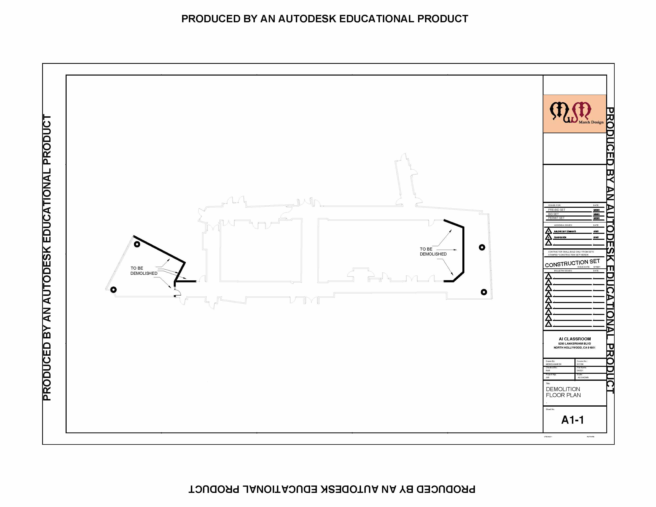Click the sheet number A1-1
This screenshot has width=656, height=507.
[x=573, y=420]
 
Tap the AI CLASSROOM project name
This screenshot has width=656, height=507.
[x=575, y=339]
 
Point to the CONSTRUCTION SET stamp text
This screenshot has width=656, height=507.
[x=572, y=263]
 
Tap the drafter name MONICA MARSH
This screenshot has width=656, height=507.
[x=554, y=364]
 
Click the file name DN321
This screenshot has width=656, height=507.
[x=580, y=371]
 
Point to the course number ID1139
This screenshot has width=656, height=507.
[x=580, y=364]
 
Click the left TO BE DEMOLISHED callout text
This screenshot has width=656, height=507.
[x=144, y=271]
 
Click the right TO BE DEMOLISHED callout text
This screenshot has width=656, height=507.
[x=433, y=251]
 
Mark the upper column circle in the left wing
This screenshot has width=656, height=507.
[x=137, y=244]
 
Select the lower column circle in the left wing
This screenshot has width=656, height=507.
[x=113, y=289]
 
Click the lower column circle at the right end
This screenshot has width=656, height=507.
[x=484, y=292]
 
